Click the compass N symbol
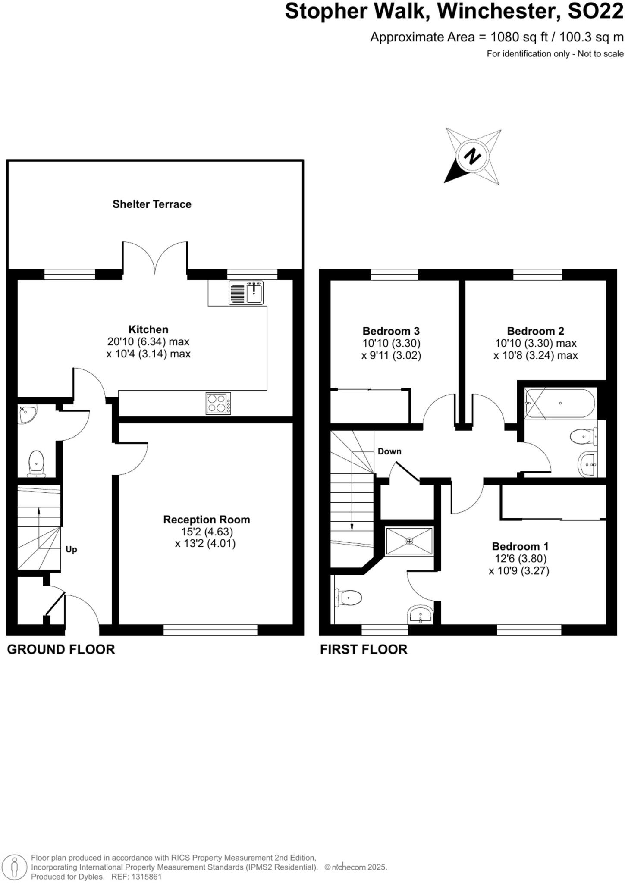click(473, 156)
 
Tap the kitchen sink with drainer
click(246, 293)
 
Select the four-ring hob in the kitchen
click(218, 403)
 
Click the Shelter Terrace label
click(152, 204)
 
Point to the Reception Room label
click(206, 520)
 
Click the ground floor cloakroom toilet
click(36, 463)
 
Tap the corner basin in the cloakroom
click(27, 413)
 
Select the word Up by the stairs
click(71, 549)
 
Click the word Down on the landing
click(389, 451)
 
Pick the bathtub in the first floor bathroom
click(560, 403)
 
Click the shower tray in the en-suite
click(409, 541)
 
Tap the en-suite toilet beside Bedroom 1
click(349, 598)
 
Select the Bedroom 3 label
click(391, 331)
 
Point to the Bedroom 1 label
click(520, 546)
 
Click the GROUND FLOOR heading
click(61, 649)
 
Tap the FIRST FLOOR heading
click(363, 649)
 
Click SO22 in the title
click(595, 11)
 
